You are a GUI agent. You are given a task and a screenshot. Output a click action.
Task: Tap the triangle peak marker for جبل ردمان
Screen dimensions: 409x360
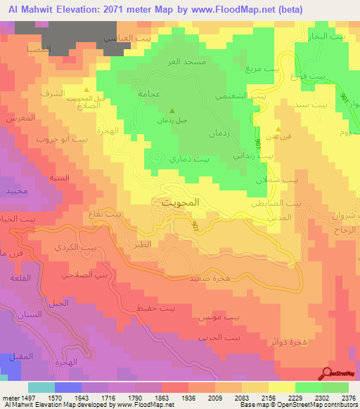(x=173, y=110)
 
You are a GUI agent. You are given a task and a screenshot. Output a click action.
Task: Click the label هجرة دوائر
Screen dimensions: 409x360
(x=285, y=342)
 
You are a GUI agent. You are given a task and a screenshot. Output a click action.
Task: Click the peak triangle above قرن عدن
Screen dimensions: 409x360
(x=280, y=129)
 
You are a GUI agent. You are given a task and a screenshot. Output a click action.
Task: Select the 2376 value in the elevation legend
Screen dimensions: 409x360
(x=349, y=397)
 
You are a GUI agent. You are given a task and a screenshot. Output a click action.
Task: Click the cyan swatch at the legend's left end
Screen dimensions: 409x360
(x=41, y=387)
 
